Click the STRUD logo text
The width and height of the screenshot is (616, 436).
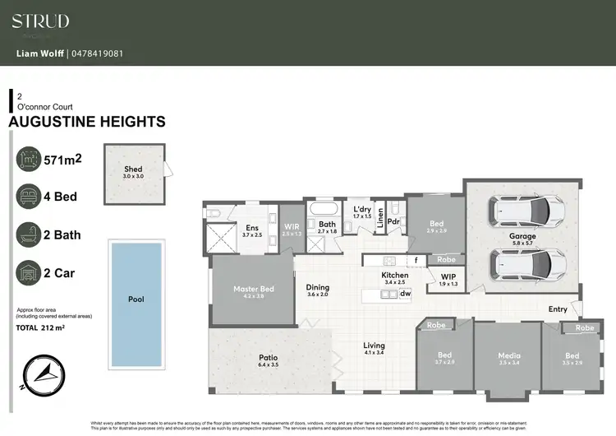coord(40,21)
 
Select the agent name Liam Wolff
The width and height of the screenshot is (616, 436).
coord(41,55)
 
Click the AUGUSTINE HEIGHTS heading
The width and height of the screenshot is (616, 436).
coord(86,122)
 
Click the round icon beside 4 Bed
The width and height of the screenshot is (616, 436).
coord(30,197)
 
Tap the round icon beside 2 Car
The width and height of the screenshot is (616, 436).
coord(30,272)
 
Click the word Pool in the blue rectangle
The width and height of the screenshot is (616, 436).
coord(136,299)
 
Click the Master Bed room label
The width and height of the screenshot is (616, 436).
coord(254,288)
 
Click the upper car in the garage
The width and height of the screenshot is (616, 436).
coord(527,212)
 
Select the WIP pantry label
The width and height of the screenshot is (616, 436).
coord(448,276)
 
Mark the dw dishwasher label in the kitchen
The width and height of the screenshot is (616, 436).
coord(405,292)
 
